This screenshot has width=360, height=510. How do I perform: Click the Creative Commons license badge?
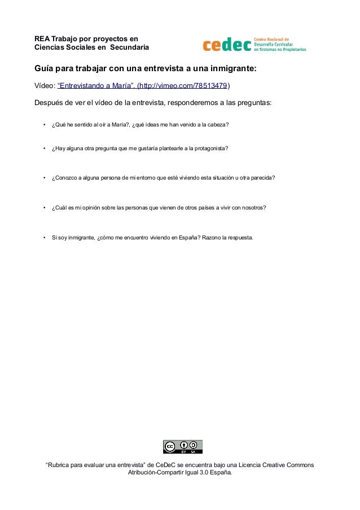point(182,447)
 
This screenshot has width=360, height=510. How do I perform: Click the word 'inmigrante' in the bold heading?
point(230,69)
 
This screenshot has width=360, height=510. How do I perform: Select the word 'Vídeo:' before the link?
point(45,86)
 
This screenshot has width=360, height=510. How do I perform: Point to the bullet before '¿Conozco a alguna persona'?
point(44,178)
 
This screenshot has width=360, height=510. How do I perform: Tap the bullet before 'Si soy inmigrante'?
point(44,238)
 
